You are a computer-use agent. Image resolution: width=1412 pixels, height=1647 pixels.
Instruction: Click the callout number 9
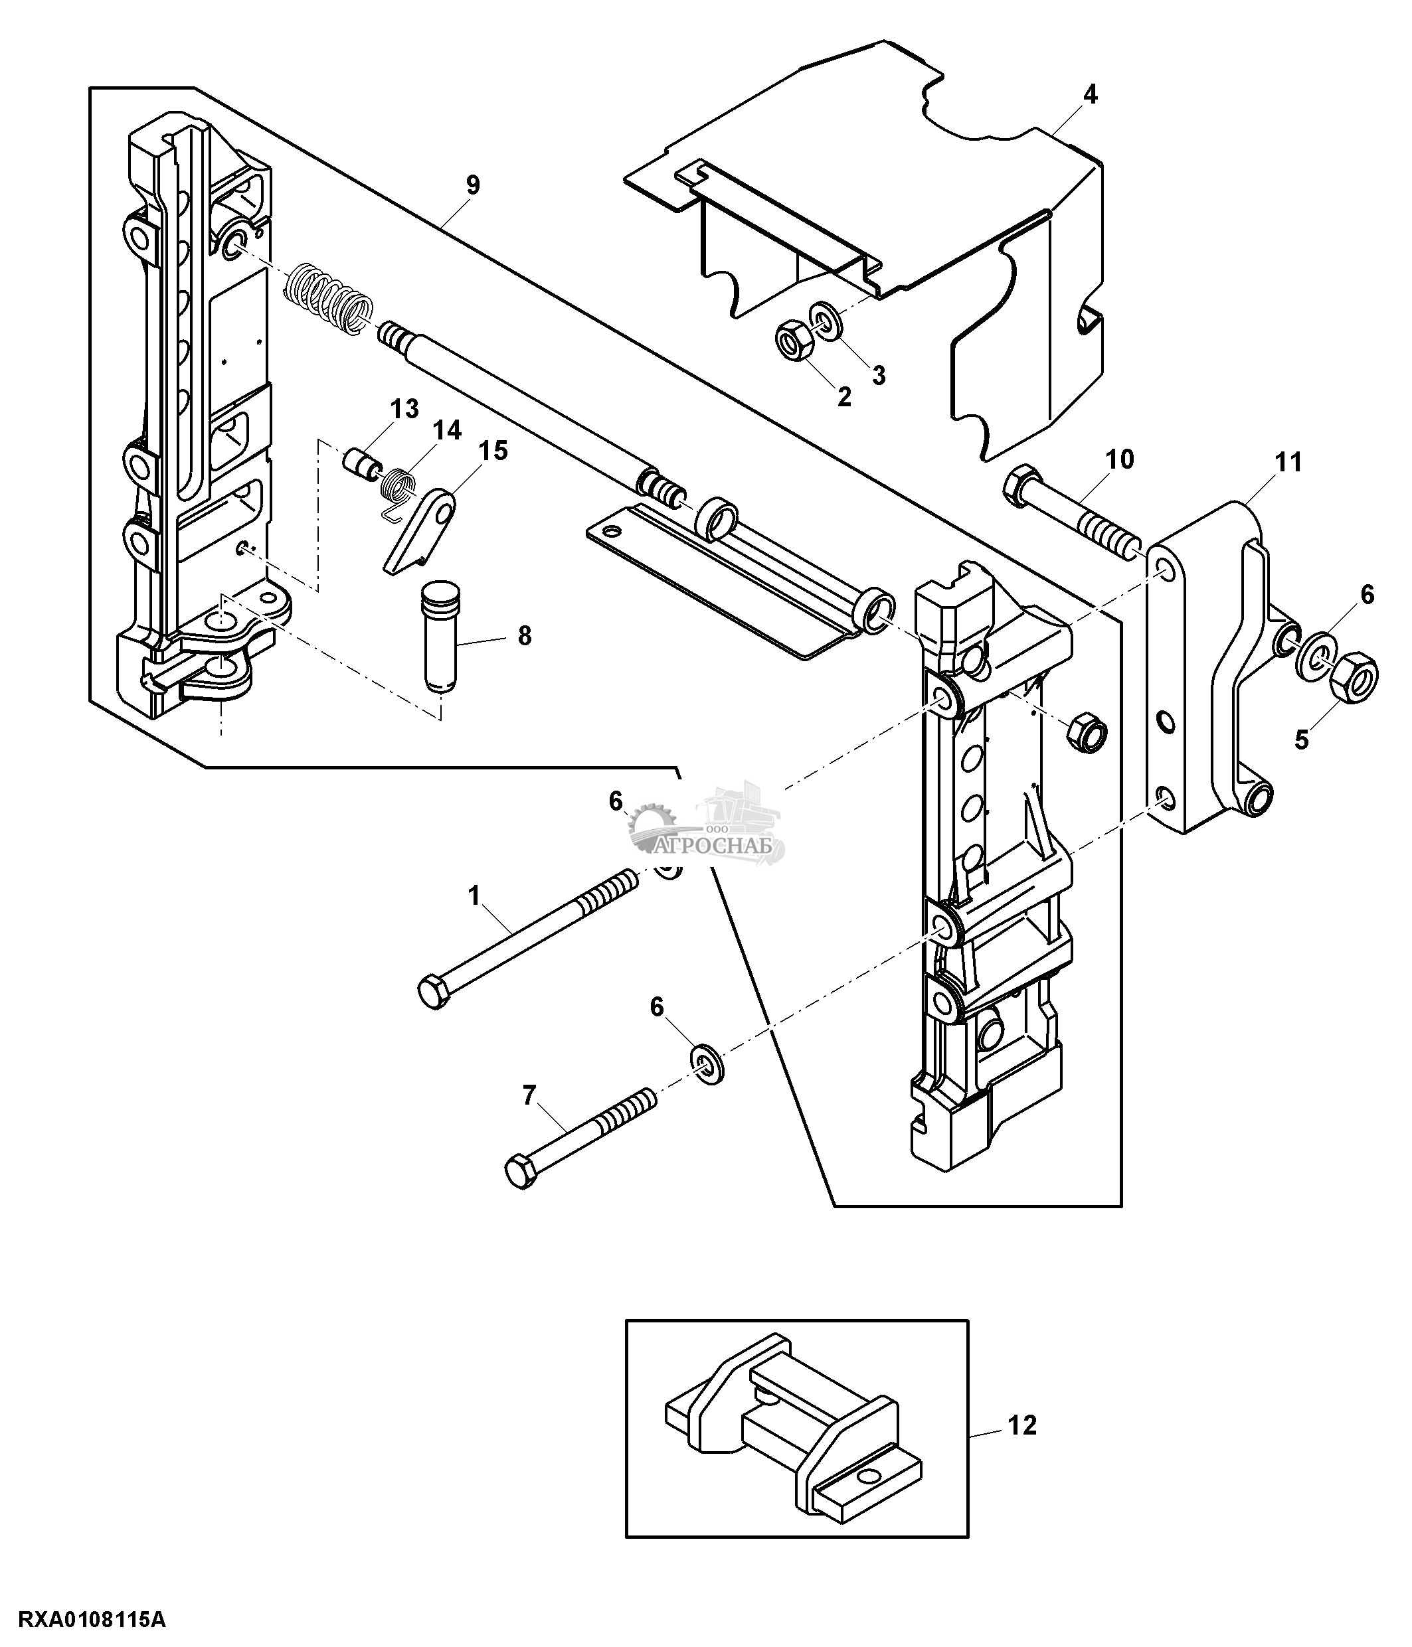(472, 186)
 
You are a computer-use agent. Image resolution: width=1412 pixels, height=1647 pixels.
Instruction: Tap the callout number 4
(1090, 96)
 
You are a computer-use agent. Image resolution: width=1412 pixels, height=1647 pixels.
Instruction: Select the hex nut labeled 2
(792, 343)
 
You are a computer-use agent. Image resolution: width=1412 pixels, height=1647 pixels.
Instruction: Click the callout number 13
(404, 410)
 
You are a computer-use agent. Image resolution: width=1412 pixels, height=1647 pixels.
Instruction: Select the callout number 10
(1120, 459)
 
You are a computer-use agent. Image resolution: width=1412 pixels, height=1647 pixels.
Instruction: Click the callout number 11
(1288, 462)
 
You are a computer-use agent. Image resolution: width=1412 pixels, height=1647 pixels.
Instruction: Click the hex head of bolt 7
(521, 1172)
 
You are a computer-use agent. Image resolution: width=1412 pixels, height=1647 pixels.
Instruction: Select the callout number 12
(1021, 1426)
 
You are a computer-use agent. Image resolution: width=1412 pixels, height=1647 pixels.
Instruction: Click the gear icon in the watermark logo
(653, 826)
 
